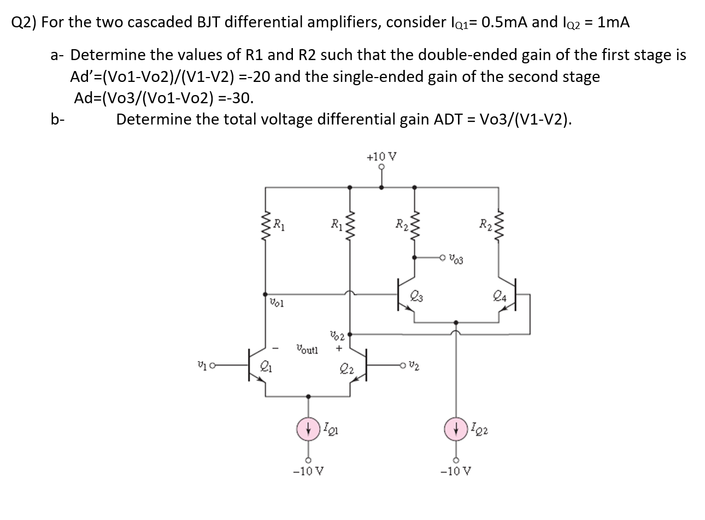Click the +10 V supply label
click(381, 157)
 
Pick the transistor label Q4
click(498, 297)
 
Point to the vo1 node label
click(275, 302)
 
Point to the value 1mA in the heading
click(614, 22)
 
